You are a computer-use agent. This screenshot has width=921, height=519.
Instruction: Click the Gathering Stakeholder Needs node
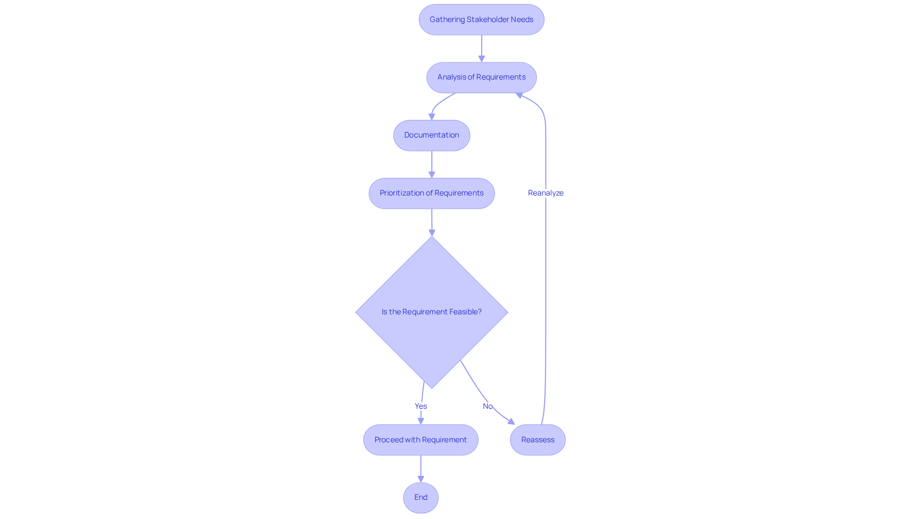[x=481, y=20]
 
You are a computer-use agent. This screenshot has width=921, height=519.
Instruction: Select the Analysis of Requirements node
[x=481, y=77]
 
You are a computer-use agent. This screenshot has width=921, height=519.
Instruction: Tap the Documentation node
[x=431, y=135]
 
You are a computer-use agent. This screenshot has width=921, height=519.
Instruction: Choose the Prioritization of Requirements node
[x=431, y=193]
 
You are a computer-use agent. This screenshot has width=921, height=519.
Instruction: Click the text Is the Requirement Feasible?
[x=431, y=312]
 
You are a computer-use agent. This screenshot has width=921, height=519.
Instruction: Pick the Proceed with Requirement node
[x=420, y=440]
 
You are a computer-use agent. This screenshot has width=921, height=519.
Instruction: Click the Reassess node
[x=537, y=440]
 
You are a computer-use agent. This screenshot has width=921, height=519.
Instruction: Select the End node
[x=421, y=497]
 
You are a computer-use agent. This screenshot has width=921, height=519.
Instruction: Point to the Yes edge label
[x=421, y=406]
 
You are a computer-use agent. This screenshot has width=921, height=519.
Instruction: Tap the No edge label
[x=487, y=406]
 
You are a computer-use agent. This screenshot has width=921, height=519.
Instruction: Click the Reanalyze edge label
[x=545, y=193]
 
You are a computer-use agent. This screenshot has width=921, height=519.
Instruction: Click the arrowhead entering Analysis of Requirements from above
[x=482, y=58]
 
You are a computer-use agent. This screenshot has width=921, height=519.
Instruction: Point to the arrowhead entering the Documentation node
[x=432, y=116]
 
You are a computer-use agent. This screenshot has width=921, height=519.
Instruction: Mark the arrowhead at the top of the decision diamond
[x=432, y=233]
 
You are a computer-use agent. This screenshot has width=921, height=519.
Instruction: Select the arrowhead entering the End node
[x=421, y=479]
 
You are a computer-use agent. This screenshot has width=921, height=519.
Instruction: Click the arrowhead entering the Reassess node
[x=511, y=422]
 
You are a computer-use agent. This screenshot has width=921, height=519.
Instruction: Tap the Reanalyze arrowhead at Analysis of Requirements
[x=519, y=95]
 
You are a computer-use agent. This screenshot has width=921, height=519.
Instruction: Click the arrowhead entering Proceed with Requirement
[x=421, y=421]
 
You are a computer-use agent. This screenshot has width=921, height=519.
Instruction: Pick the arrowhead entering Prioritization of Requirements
[x=432, y=175]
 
